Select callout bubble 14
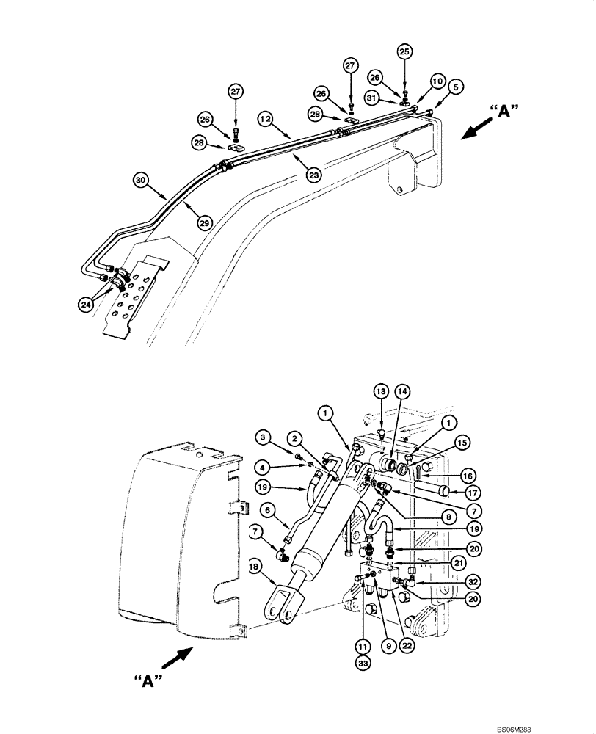click(x=403, y=392)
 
